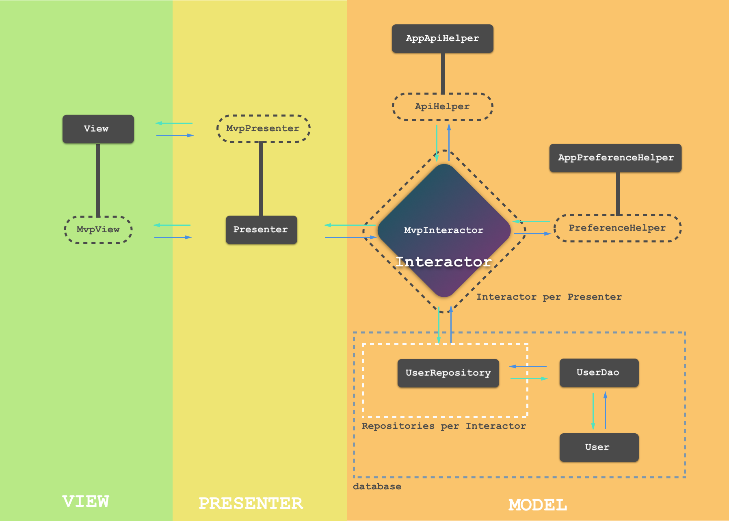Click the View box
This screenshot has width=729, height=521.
[x=98, y=129]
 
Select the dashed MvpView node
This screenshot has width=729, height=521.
[x=98, y=229]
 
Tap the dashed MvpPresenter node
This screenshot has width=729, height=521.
[x=263, y=128]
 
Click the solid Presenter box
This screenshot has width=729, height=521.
[x=261, y=229]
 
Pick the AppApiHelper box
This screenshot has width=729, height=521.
[x=442, y=39]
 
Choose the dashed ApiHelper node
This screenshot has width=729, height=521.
[x=442, y=106]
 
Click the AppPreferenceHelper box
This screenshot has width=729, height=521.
[x=615, y=158]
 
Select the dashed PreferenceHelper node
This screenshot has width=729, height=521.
[x=617, y=228]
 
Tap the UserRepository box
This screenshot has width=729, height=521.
[x=448, y=373]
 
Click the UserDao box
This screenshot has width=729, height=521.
[x=599, y=372]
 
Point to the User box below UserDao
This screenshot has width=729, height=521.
[x=599, y=447]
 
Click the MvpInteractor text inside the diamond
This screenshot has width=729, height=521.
[x=443, y=230]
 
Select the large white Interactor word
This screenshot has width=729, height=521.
[x=443, y=262]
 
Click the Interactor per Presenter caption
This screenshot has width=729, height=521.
[x=549, y=297]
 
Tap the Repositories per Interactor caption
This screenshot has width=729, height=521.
[x=443, y=426]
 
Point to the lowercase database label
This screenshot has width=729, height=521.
[x=377, y=486]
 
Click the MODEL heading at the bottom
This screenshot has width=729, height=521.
[x=538, y=505]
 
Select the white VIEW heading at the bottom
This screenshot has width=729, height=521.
[x=86, y=502]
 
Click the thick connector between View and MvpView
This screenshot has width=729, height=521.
[x=98, y=180]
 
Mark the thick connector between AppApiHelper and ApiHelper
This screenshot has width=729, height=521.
[x=443, y=73]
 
